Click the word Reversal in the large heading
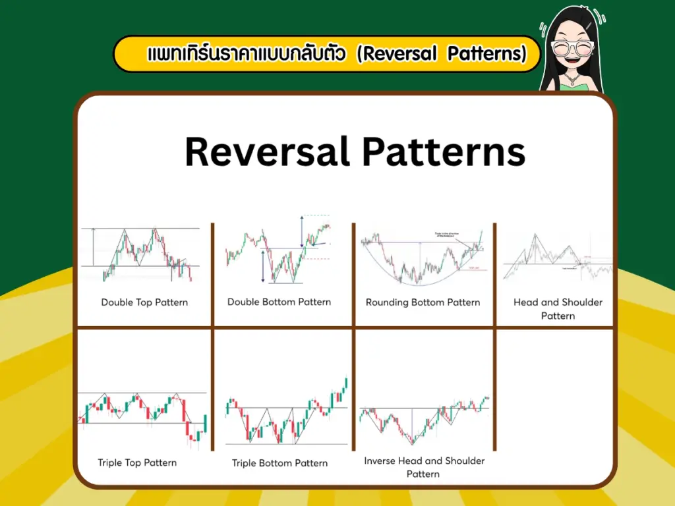[267, 152]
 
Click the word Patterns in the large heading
[444, 152]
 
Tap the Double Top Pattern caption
[144, 302]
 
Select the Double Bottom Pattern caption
[279, 302]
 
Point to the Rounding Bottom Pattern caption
[423, 302]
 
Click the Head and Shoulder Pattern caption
[558, 309]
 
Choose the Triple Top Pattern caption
[137, 463]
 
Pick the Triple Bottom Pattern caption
[279, 463]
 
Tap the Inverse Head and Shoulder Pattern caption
[424, 467]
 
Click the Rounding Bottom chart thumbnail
[423, 257]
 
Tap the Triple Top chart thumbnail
[143, 416]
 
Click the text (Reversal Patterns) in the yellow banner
[441, 54]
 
